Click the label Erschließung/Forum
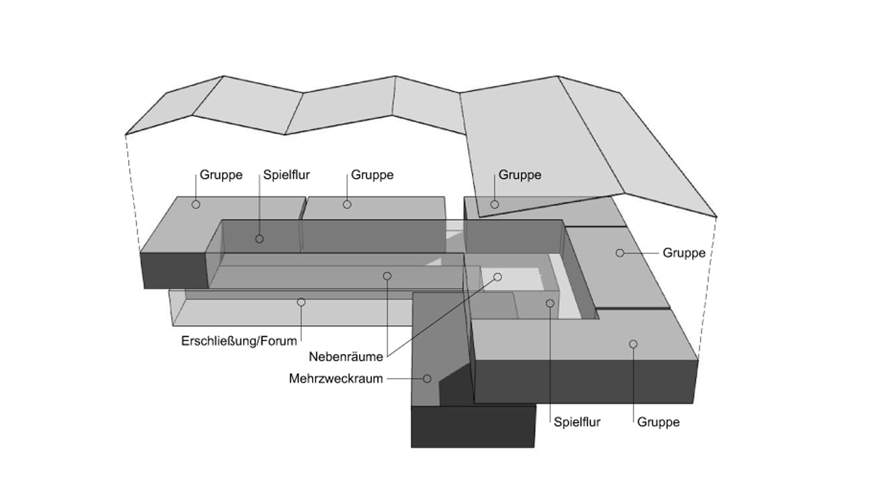(x=239, y=341)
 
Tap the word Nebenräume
(x=346, y=357)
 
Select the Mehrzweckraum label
(x=336, y=379)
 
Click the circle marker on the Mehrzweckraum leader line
(x=427, y=379)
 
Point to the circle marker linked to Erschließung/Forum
(x=301, y=302)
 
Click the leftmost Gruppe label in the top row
(x=221, y=175)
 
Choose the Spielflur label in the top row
(x=287, y=175)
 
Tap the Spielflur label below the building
(x=577, y=422)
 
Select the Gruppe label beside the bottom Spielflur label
(x=658, y=422)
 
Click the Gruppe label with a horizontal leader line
(x=684, y=253)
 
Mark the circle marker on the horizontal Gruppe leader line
(x=620, y=253)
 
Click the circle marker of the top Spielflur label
(x=260, y=239)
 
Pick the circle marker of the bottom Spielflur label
(x=550, y=304)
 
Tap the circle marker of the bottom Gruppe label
(x=633, y=344)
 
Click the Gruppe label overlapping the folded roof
(x=520, y=175)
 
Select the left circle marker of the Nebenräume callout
(x=387, y=276)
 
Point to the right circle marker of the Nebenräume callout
(x=498, y=277)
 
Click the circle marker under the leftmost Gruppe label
(x=196, y=205)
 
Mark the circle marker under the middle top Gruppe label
(x=347, y=205)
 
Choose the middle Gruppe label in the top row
(x=372, y=175)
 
